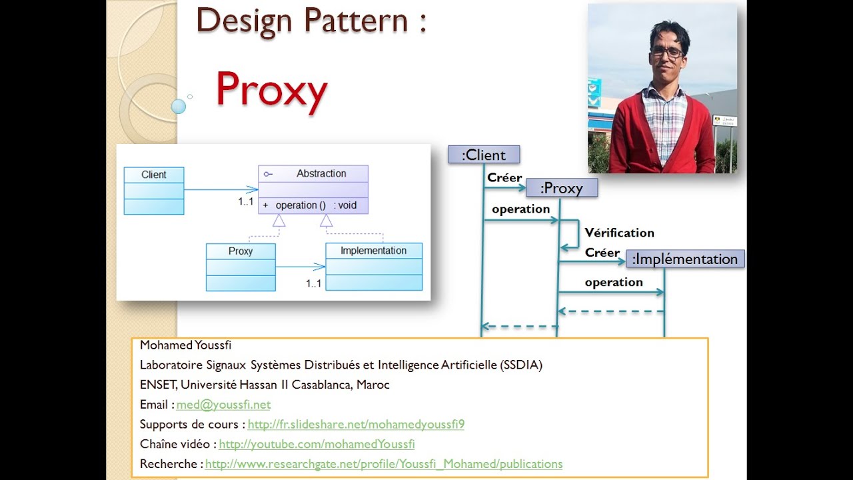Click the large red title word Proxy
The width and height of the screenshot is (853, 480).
271,91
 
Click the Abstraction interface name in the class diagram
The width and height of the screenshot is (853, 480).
321,173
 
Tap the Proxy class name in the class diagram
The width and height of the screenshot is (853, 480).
241,251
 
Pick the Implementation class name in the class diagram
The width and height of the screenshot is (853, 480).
373,251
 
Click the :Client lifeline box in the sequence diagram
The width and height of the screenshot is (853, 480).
484,155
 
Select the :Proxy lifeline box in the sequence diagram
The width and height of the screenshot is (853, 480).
562,189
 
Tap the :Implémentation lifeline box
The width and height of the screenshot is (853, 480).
685,259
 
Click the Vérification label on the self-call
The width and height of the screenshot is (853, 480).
619,233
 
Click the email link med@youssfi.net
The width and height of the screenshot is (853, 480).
223,405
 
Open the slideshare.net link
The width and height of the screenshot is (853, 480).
356,425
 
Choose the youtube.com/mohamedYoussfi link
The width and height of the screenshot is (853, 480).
317,444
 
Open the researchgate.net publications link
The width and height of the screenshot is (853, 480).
384,464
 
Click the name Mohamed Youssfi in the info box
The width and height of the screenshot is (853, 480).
185,345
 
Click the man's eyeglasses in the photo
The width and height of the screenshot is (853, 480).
667,52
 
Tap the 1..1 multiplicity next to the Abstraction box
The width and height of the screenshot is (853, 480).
246,201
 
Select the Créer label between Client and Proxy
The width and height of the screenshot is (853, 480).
504,178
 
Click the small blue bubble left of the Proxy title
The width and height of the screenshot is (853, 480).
178,106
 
